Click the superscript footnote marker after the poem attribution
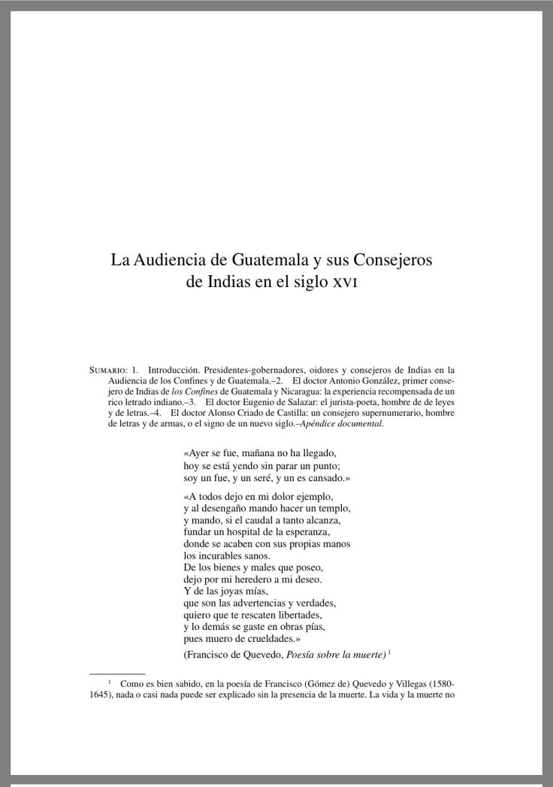[x=390, y=651]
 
